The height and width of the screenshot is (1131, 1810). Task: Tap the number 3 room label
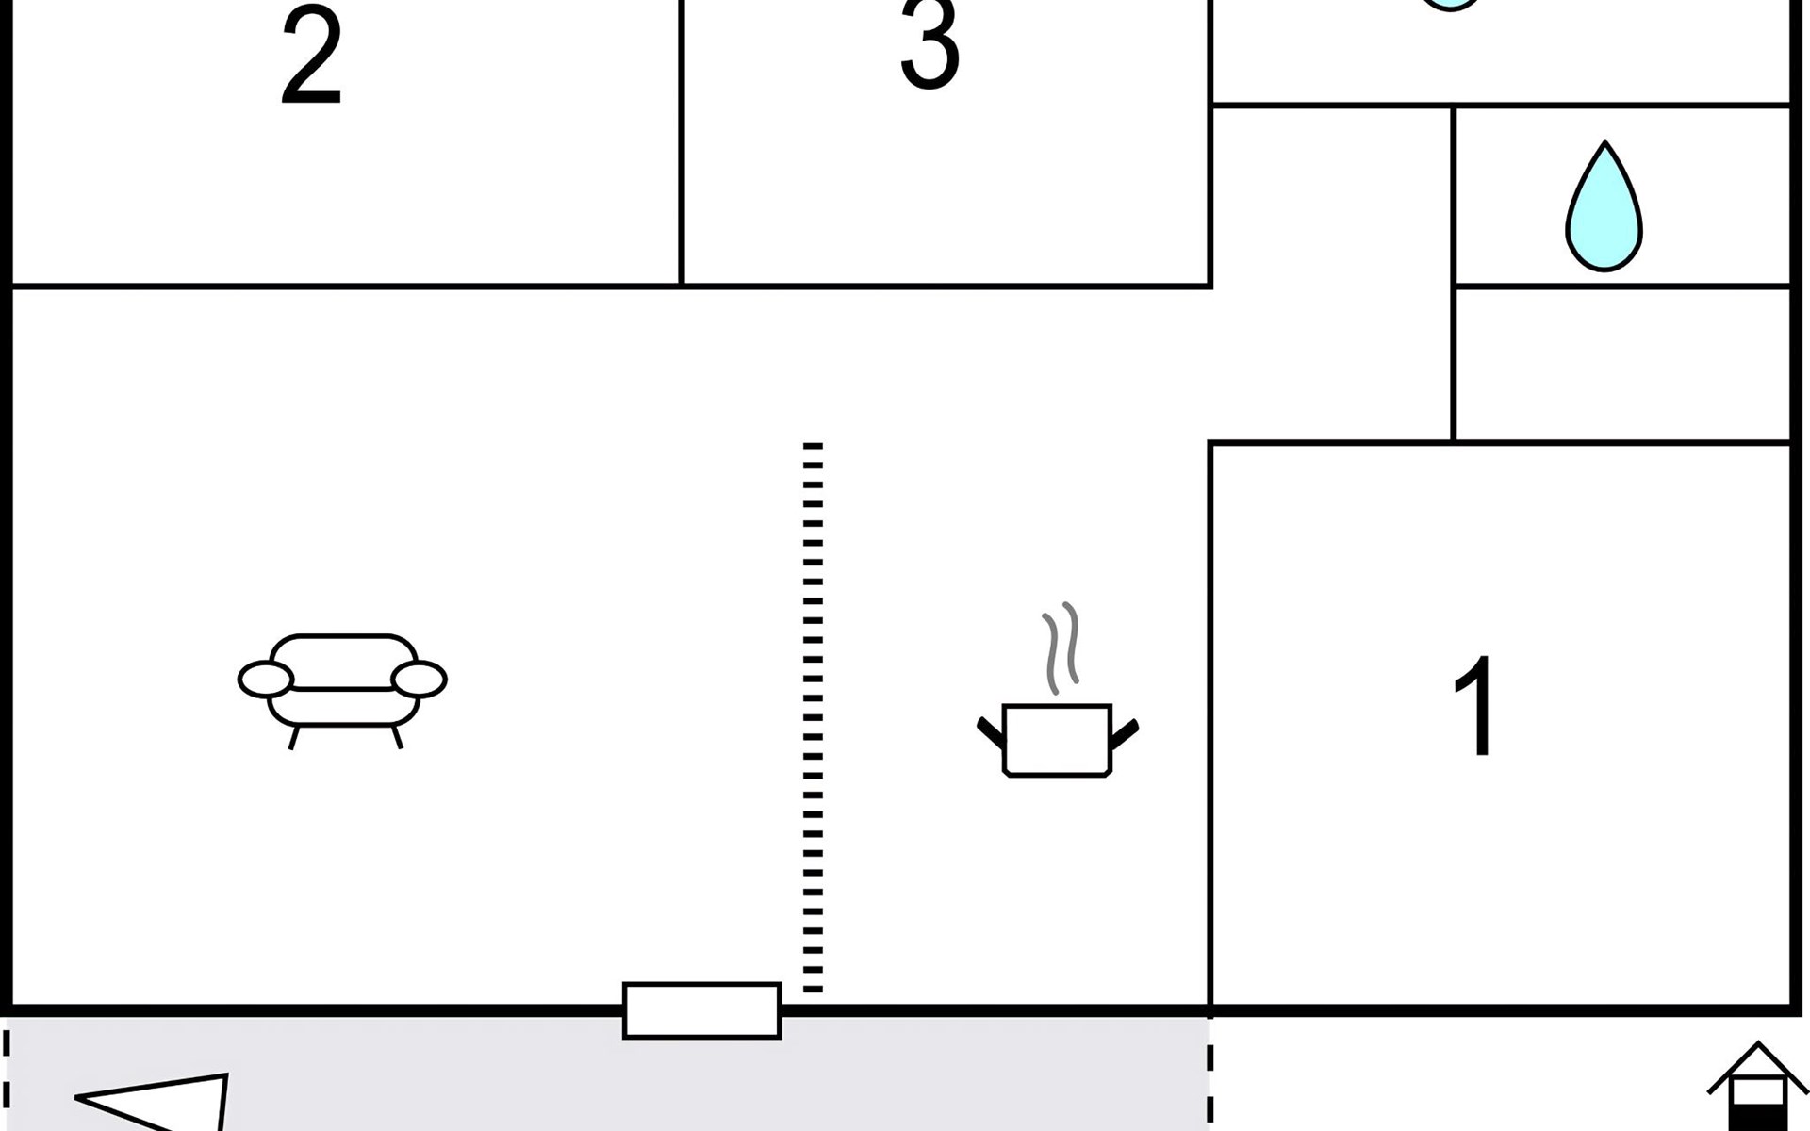930,44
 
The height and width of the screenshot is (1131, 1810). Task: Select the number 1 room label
1473,705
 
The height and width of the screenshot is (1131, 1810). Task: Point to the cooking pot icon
1057,740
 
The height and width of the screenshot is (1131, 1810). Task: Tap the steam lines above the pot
1061,648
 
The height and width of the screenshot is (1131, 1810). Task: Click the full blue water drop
1604,207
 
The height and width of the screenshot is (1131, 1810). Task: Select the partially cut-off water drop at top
1452,5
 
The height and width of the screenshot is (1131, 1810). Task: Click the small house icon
1757,1086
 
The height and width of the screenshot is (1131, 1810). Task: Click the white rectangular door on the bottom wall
702,1010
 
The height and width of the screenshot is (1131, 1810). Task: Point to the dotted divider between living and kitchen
813,717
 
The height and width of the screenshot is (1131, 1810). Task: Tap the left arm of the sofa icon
266,679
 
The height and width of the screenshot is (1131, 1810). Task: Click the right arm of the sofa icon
419,679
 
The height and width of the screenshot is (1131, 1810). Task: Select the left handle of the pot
991,732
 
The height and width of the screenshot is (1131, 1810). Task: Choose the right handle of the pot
1126,733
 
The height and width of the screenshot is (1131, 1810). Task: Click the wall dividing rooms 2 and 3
681,141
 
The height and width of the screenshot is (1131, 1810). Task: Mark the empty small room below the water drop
1622,364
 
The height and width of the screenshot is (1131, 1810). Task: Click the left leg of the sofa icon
295,737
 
